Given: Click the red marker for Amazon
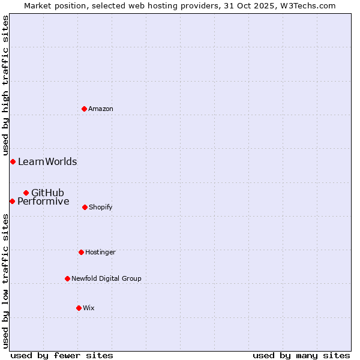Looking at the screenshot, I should click(x=84, y=109).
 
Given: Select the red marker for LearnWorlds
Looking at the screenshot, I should click(x=13, y=161).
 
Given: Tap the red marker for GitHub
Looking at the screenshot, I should click(x=26, y=193).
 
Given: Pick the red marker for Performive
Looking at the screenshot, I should click(x=12, y=201).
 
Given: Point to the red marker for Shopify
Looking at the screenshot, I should click(x=85, y=207).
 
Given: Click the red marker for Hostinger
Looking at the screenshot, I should click(x=81, y=252).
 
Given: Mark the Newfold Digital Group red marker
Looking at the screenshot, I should click(x=67, y=278).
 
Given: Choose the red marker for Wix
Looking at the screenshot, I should click(x=79, y=308).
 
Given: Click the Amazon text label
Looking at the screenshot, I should click(x=101, y=109).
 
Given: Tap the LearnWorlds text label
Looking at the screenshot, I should click(x=47, y=161).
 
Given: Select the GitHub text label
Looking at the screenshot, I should click(x=47, y=193).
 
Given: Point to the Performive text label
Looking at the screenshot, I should click(x=43, y=201).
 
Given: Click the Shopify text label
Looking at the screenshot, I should click(x=101, y=207).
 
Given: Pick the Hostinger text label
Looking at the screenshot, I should click(x=100, y=252).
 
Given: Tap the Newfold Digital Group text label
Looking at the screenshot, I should click(x=106, y=278).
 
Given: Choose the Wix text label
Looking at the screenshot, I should click(x=89, y=308).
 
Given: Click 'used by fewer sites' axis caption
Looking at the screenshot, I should click(x=62, y=355).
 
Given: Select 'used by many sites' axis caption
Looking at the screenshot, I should click(x=301, y=355).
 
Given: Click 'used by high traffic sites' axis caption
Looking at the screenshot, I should click(x=5, y=86).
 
